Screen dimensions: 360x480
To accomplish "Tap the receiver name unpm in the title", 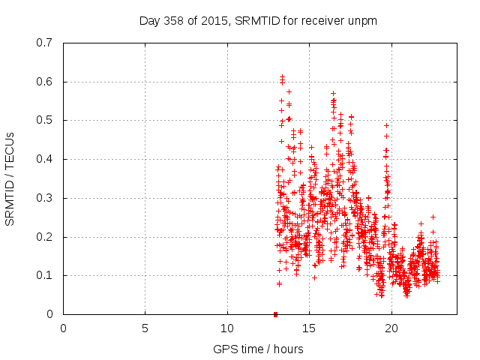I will (363, 20).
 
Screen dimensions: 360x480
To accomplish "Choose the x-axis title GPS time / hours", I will (258, 349).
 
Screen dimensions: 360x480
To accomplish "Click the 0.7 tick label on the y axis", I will (46, 43).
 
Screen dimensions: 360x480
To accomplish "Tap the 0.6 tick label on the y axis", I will (46, 82).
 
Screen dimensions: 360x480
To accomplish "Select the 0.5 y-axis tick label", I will (46, 120).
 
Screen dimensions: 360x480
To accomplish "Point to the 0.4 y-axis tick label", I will (46, 159).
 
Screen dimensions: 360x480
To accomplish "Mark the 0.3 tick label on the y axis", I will (46, 198).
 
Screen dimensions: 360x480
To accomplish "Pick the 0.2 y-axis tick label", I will (46, 237).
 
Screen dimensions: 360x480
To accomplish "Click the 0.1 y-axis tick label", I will (46, 275).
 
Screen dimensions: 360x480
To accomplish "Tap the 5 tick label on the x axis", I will (145, 328).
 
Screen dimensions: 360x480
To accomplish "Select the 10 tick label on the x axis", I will (227, 328).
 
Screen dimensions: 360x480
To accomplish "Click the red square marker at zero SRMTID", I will (275, 314).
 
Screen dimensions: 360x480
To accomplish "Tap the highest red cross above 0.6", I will (282, 76).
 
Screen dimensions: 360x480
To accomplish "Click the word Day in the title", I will (149, 20).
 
